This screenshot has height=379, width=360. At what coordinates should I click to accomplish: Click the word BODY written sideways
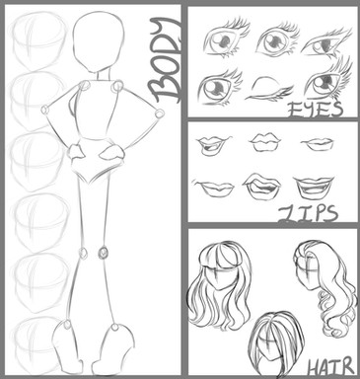pyautogui.click(x=166, y=59)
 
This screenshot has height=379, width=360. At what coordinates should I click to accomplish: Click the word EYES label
pyautogui.click(x=315, y=110)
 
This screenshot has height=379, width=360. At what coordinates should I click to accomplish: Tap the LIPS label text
pyautogui.click(x=308, y=214)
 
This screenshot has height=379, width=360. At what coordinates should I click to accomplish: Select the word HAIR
pyautogui.click(x=330, y=367)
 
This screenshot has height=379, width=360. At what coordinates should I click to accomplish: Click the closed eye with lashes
pyautogui.click(x=269, y=89)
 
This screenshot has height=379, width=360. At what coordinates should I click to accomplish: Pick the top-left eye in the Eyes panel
pyautogui.click(x=225, y=38)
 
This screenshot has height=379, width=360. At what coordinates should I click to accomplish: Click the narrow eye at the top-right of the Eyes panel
pyautogui.click(x=326, y=42)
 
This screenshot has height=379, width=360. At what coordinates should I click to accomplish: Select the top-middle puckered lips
pyautogui.click(x=265, y=141)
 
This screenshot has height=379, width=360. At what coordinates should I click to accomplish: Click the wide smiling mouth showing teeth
pyautogui.click(x=313, y=188)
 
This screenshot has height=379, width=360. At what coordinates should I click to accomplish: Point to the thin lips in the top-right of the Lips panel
pyautogui.click(x=318, y=143)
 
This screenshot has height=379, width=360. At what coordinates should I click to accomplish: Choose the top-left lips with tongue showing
pyautogui.click(x=214, y=145)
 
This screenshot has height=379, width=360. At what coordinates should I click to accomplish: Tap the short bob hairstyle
pyautogui.click(x=275, y=342)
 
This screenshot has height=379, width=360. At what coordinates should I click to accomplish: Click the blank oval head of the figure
pyautogui.click(x=98, y=41)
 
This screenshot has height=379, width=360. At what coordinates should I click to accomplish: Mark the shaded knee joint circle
pyautogui.click(x=104, y=253)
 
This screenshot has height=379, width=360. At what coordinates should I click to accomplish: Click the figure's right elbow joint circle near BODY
pyautogui.click(x=160, y=114)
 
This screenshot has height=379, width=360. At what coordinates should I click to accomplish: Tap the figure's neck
pyautogui.click(x=102, y=76)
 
